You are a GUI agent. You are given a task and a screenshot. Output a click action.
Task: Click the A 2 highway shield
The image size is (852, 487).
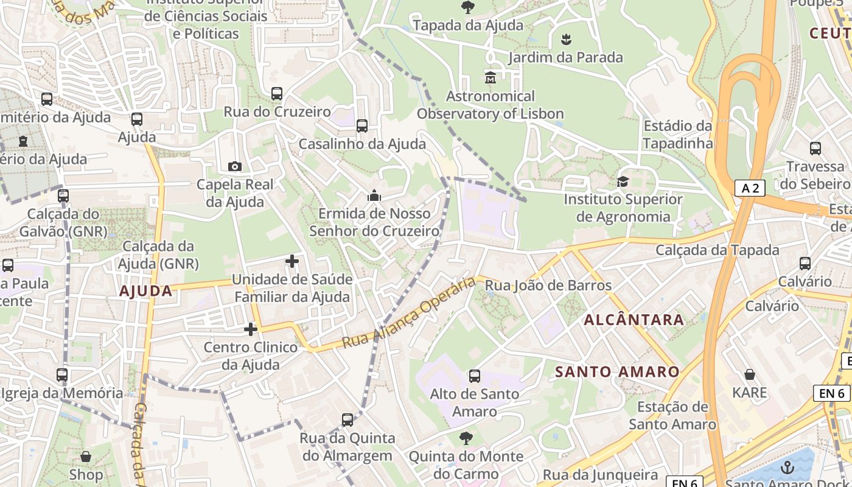point(749,188)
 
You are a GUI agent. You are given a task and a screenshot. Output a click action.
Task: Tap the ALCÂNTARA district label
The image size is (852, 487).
point(634,320)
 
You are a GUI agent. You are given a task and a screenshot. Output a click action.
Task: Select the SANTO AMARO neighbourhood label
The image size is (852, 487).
point(617,371)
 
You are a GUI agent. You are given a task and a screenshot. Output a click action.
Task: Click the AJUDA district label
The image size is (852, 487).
point(146,291)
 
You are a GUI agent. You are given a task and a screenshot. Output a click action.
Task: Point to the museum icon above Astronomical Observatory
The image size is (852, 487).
point(491,78)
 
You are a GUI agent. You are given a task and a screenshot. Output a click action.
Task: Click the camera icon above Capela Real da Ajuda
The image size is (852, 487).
point(234,166)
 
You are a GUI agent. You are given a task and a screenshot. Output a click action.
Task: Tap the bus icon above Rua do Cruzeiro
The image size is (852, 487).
point(277,94)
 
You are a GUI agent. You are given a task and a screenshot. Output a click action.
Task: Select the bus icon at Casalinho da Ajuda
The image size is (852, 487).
point(362,126)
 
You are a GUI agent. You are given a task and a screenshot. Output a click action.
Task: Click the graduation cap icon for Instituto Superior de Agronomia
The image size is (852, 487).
point(623,181)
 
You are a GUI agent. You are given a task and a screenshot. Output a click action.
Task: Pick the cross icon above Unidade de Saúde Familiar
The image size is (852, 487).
point(292,261)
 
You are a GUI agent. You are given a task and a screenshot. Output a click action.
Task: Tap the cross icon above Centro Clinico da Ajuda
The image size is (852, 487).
point(251,329)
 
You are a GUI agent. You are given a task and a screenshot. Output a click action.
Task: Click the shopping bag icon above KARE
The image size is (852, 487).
point(750,374)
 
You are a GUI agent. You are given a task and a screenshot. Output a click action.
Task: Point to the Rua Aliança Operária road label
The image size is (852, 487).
point(408,313)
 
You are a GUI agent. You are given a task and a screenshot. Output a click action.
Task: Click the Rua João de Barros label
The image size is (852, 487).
point(548,285)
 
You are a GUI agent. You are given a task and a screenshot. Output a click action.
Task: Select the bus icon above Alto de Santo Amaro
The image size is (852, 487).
point(475,376)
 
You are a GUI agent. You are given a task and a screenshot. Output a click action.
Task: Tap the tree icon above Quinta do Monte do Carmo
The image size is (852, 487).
point(466,438)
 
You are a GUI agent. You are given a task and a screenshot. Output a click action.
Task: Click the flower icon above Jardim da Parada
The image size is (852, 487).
point(566,40)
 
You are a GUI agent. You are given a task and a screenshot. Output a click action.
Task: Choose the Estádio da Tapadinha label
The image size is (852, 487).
point(678,135)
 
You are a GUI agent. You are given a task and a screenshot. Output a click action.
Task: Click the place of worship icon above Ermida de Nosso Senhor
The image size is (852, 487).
point(374,195)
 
